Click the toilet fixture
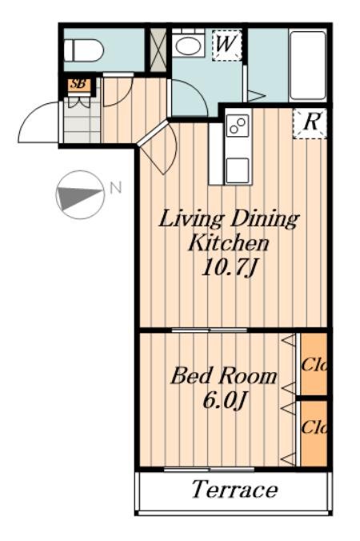point(84,50)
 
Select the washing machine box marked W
point(226,46)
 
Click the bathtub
point(308,65)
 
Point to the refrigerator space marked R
point(310,123)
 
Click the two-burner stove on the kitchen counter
point(238,126)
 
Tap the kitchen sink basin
point(238,170)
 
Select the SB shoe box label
point(79,84)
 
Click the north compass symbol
point(80,195)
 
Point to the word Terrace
point(234,489)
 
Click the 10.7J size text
point(229,267)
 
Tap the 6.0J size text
point(225,400)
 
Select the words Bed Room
point(224,376)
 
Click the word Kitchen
point(229,243)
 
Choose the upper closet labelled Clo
point(314,364)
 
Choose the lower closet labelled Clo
point(314,433)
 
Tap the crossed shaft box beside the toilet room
point(158,50)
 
